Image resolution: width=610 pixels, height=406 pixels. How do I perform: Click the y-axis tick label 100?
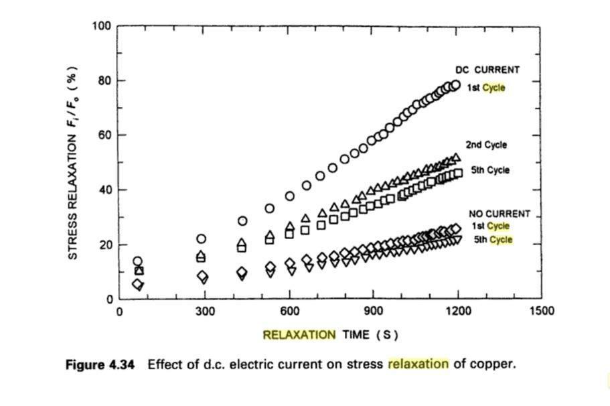tap(102, 26)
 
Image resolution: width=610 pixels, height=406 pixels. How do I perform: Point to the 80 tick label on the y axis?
tap(104, 81)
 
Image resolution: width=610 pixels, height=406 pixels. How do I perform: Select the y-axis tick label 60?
tap(104, 135)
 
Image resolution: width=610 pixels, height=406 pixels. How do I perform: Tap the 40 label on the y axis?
tap(104, 190)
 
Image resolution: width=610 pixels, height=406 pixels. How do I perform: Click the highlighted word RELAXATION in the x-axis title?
tap(299, 334)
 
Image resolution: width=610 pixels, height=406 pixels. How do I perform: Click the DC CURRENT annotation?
tap(487, 70)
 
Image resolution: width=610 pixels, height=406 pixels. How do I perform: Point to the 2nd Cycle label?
tap(487, 145)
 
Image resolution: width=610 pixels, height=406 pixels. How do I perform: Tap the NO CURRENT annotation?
tap(499, 214)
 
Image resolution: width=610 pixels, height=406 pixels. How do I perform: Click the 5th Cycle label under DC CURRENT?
tap(490, 170)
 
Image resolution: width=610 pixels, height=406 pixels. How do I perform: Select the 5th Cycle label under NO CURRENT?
tap(493, 240)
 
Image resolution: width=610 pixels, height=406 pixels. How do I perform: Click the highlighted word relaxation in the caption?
tap(418, 364)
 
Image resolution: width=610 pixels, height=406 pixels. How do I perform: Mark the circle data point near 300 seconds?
tap(202, 239)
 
